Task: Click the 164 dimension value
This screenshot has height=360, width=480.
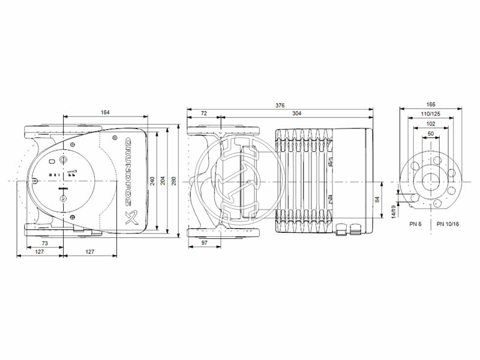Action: click(x=105, y=112)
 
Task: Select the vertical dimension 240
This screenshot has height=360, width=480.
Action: click(x=152, y=180)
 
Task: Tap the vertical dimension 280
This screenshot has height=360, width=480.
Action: click(x=174, y=180)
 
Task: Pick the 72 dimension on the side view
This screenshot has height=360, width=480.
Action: click(x=203, y=113)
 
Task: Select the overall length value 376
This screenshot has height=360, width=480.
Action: click(x=280, y=105)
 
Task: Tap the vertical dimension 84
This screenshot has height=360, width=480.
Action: click(x=376, y=199)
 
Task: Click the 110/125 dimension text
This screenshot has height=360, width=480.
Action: click(x=431, y=113)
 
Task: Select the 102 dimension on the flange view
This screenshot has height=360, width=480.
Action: click(x=431, y=123)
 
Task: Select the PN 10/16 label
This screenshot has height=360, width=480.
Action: click(x=448, y=224)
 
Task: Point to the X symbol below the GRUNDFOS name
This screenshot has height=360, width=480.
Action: click(x=129, y=217)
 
